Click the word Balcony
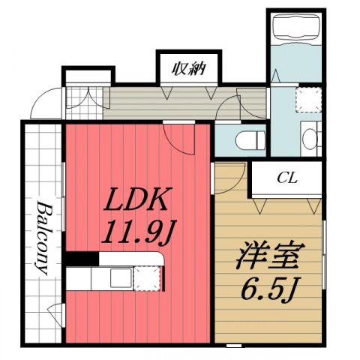point(43,238)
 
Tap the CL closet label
point(285,178)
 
